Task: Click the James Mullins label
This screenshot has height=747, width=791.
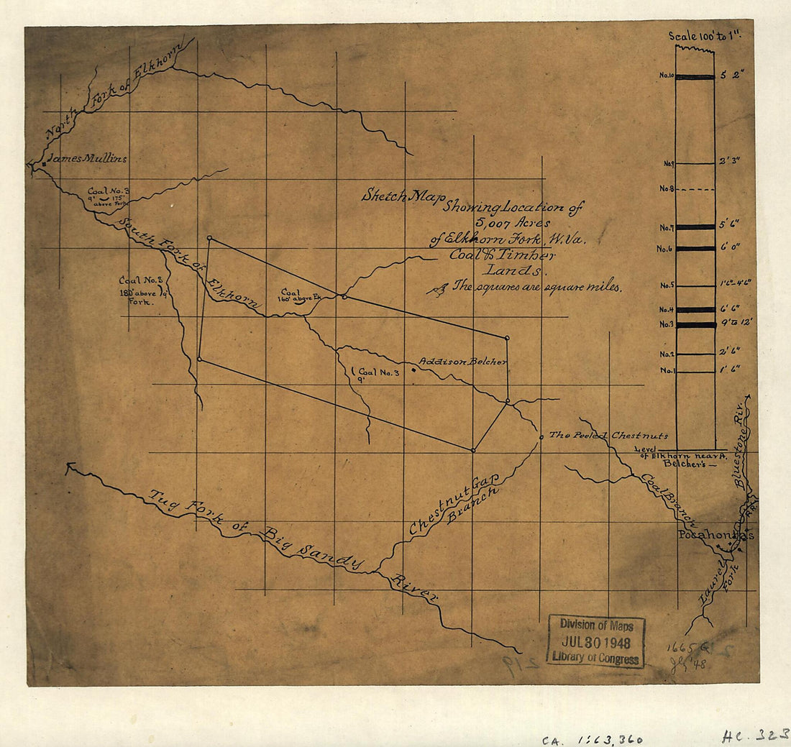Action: coord(86,158)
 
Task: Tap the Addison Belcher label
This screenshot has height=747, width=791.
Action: coord(463,362)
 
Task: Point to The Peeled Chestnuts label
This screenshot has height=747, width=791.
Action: coord(608,436)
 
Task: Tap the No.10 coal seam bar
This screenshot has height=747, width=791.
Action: coord(695,77)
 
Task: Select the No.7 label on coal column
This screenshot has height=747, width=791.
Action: coord(665,228)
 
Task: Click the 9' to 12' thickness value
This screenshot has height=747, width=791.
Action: coord(736,323)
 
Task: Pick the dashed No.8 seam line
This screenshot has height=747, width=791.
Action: coord(695,190)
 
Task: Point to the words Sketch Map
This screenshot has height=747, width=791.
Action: coord(403,196)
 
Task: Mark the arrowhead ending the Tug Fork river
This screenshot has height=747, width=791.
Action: coord(69,467)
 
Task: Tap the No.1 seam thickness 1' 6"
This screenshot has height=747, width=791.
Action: coord(729,370)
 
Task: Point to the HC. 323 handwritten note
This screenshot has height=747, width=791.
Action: coord(755,735)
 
